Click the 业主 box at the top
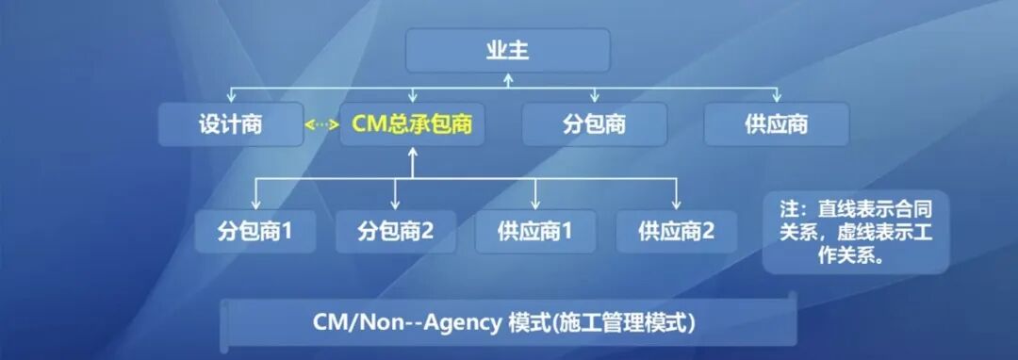tap(507, 50)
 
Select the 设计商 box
tap(231, 124)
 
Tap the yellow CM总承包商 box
tap(412, 124)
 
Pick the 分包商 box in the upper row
tap(594, 124)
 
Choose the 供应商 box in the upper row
tap(776, 124)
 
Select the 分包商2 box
tap(395, 231)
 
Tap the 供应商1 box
tap(535, 231)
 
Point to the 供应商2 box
tap(676, 231)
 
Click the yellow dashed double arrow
tap(321, 125)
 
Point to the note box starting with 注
tap(855, 232)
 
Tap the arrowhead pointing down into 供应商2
tap(676, 204)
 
